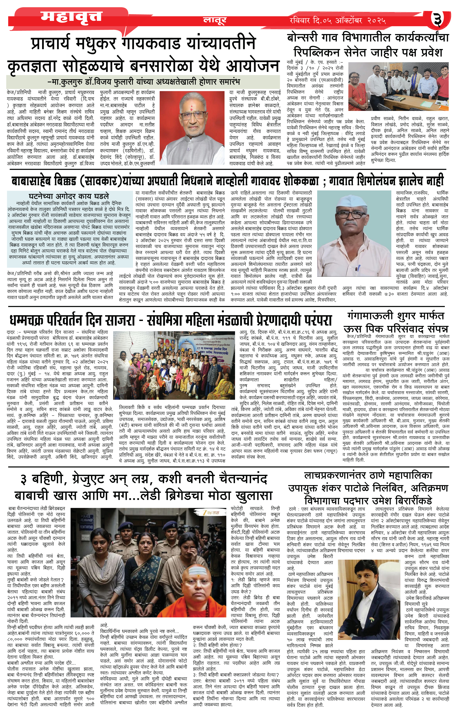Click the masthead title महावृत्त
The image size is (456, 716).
click(71, 16)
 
